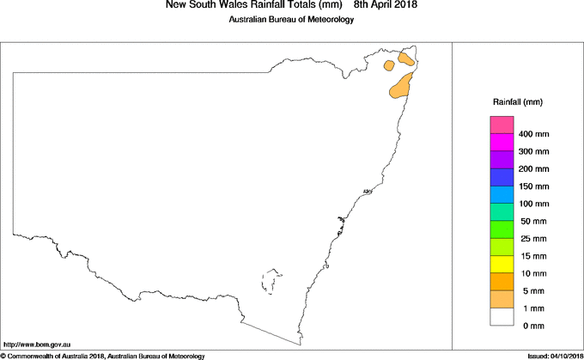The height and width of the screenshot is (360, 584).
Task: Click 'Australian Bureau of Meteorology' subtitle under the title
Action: tap(291, 20)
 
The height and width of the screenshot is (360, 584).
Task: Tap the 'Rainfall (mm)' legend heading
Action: tap(517, 102)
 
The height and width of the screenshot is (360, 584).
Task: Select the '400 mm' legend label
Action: tap(535, 135)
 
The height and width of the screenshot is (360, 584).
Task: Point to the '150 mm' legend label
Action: tap(535, 186)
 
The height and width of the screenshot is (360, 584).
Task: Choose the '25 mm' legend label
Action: tap(533, 238)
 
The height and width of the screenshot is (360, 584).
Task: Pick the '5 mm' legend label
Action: tap(533, 290)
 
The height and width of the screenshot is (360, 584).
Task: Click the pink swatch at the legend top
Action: tap(502, 125)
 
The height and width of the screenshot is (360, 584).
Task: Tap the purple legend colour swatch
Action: tap(502, 160)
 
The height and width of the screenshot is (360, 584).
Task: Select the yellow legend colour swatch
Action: tap(502, 264)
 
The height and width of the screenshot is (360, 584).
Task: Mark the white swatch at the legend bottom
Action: tap(502, 316)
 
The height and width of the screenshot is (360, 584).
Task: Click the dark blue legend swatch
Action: tap(502, 177)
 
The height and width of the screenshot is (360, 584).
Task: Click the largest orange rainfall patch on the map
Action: tap(402, 86)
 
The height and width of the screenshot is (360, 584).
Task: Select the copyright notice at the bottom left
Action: tap(103, 355)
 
